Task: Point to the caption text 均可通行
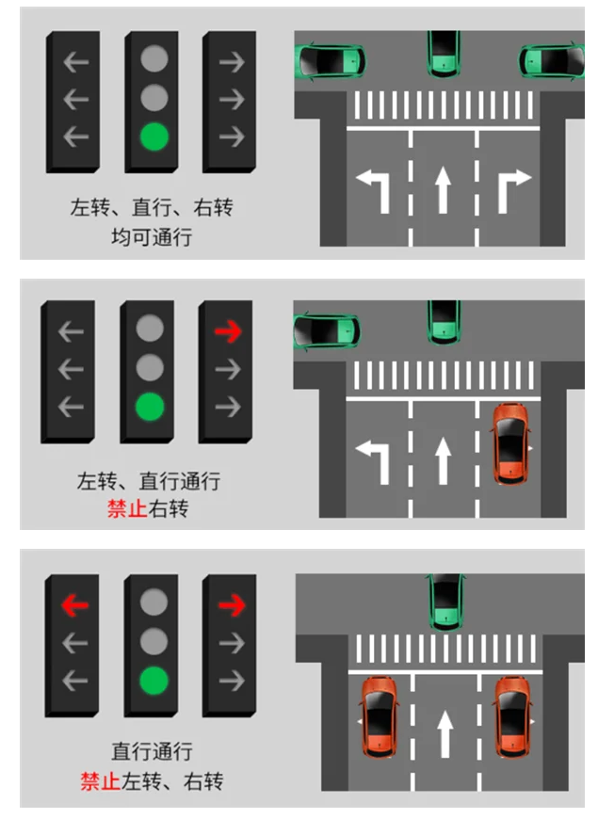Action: click(x=151, y=236)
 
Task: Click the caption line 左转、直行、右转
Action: click(x=151, y=208)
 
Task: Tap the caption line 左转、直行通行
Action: click(x=149, y=481)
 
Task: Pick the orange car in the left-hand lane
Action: click(x=379, y=715)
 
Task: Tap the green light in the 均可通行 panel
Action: click(x=153, y=137)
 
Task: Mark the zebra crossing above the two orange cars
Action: click(x=444, y=649)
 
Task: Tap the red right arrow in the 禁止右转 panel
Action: click(x=226, y=331)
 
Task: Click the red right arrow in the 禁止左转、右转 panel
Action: click(x=230, y=604)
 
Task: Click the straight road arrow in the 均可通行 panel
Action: click(x=443, y=189)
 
